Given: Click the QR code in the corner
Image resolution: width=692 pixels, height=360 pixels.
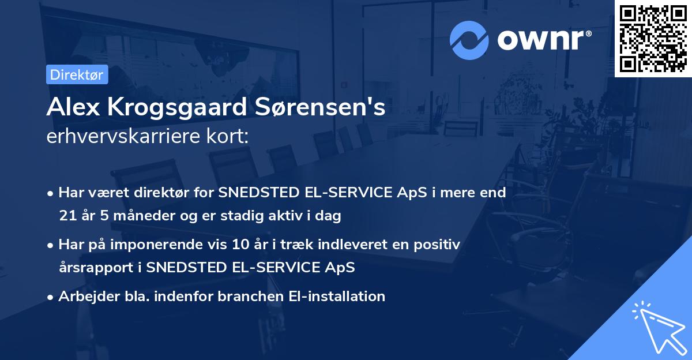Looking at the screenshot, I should click(653, 38).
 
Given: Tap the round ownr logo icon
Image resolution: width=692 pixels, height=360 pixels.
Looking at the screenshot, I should click(469, 40).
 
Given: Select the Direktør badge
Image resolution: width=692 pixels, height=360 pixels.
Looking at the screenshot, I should click(77, 74).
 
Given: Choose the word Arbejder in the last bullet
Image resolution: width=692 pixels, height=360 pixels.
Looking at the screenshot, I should click(84, 297).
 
